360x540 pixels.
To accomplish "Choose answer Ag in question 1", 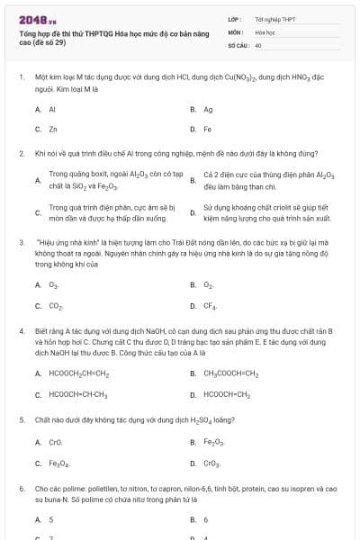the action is point(208,110).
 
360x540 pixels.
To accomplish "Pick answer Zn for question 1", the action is point(53,129).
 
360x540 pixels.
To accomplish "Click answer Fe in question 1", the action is point(208,129).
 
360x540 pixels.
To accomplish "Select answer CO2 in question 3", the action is point(55,306).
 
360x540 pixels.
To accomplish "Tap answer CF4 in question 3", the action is point(210,306).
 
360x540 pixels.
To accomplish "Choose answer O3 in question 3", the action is point(54,285).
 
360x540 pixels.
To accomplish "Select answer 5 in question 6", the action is point(51,520).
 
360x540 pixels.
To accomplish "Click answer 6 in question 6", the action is point(206,520).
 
